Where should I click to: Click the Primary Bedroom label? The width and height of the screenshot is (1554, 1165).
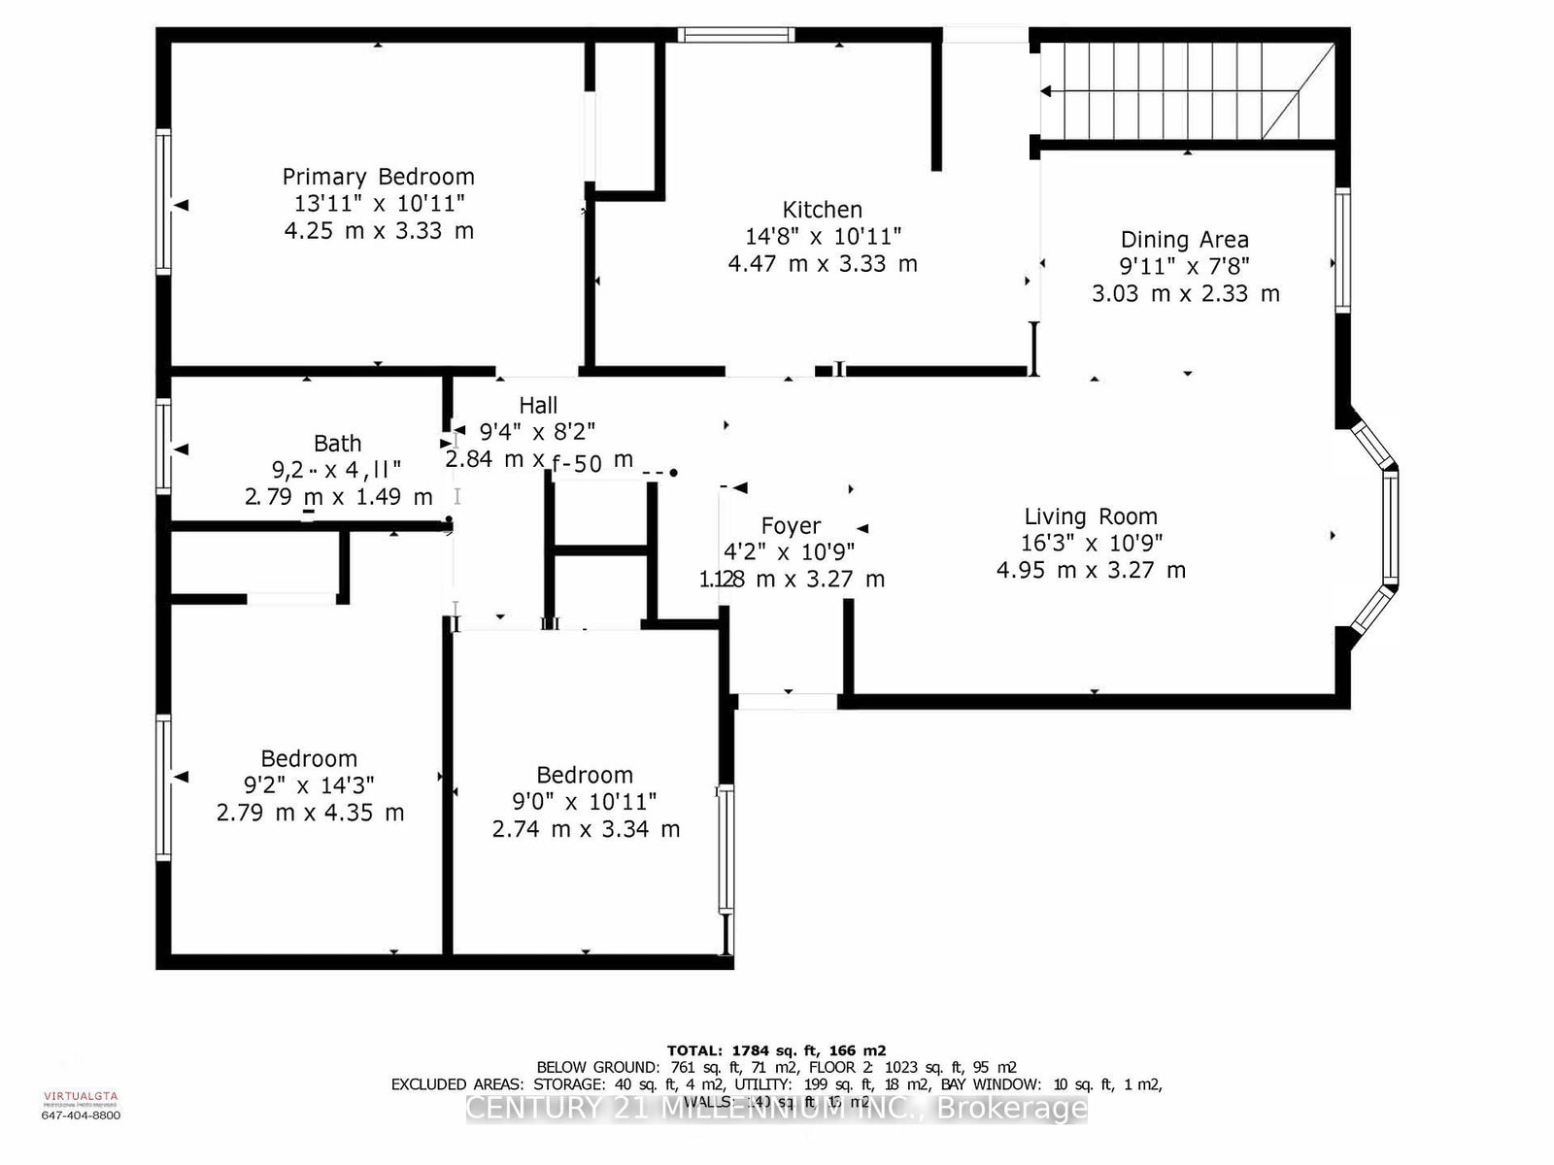[378, 177]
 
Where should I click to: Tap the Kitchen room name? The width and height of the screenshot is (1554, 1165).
[823, 210]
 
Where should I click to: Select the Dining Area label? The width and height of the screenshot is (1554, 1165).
[1184, 240]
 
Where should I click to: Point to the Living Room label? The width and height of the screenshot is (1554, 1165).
[1091, 516]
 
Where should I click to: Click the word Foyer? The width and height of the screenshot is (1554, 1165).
[791, 526]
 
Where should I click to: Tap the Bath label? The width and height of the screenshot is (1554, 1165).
[337, 444]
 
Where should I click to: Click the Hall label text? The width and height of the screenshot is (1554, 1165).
[538, 405]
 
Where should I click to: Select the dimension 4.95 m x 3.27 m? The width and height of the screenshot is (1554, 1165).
[1091, 570]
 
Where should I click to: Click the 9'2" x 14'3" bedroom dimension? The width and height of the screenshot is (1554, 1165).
[309, 784]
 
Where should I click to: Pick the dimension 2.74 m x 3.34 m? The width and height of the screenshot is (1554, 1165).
[585, 829]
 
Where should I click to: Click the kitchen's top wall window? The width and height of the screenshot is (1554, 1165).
[735, 35]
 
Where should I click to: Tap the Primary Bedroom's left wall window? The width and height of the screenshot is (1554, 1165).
[164, 202]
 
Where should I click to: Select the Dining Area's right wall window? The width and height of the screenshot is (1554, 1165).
[1342, 250]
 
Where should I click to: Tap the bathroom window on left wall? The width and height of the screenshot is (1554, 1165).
[164, 447]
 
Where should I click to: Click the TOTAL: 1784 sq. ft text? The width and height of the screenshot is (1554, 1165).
[776, 1050]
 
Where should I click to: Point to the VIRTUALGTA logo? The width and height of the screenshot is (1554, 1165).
[81, 1097]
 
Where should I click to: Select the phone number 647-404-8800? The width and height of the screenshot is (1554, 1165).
[81, 1115]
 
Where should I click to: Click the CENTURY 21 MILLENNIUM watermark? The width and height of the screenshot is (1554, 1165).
[776, 1109]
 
